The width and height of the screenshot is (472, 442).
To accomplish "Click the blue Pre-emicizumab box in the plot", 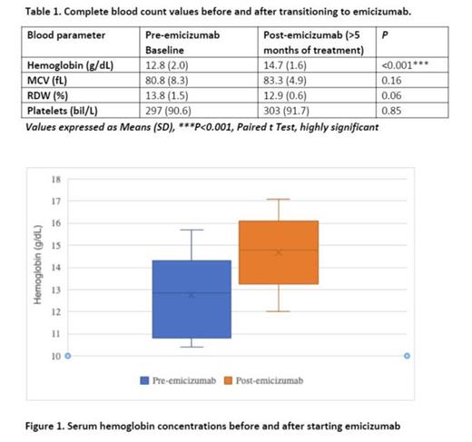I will pos(192,299).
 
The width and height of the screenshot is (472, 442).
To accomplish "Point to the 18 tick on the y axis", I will pos(56,179).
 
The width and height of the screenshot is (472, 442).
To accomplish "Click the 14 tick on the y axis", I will pos(56,268).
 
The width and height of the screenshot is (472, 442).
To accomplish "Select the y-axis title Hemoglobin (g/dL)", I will pos(37,267).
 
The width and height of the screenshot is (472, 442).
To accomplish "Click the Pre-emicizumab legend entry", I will pos(178,380).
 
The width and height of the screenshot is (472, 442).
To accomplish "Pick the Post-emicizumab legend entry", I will pos(264,380).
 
